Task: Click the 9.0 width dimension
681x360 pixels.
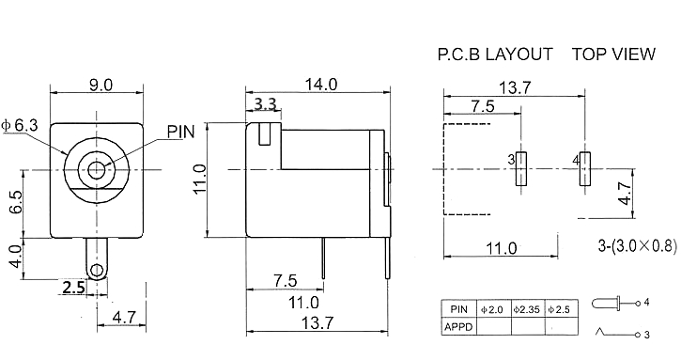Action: pos(101,85)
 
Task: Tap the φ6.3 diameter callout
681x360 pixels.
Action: pos(20,125)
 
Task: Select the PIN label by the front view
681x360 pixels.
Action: pos(181,132)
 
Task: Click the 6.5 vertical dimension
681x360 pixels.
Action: pos(16,202)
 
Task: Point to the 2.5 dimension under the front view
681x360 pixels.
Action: pos(74,288)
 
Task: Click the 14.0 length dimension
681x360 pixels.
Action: pos(320,85)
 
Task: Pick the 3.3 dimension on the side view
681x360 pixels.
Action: pos(265,104)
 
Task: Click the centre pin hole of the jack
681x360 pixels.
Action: pos(97,169)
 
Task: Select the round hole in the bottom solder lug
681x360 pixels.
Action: pos(97,271)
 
